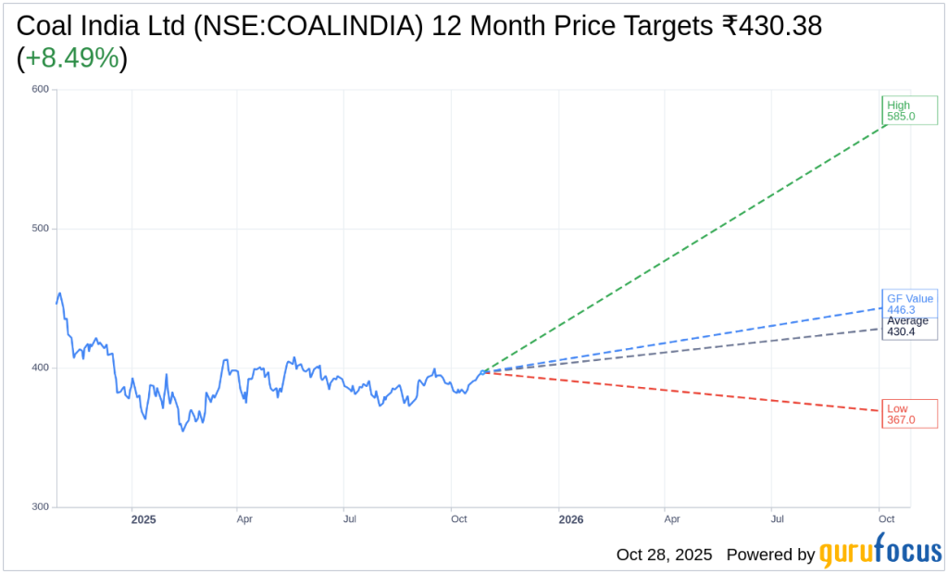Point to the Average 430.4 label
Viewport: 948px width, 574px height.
pos(907,326)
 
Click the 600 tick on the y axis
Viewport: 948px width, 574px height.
pos(40,90)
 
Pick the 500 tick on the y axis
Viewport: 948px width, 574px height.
pos(40,229)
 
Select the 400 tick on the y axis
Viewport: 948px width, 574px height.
pos(40,368)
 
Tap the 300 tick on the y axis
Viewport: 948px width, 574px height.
pos(40,507)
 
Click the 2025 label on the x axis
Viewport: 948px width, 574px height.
pos(143,520)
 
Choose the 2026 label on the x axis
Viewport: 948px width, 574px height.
pos(571,520)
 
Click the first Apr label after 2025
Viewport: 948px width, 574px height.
pos(244,520)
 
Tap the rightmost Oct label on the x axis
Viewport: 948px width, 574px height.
pos(887,520)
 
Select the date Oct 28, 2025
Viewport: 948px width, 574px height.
pos(664,555)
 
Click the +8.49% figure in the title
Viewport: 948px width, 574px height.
pos(72,58)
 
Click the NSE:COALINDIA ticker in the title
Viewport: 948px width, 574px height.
pos(296,27)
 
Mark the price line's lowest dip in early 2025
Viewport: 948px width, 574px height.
pos(182,430)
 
